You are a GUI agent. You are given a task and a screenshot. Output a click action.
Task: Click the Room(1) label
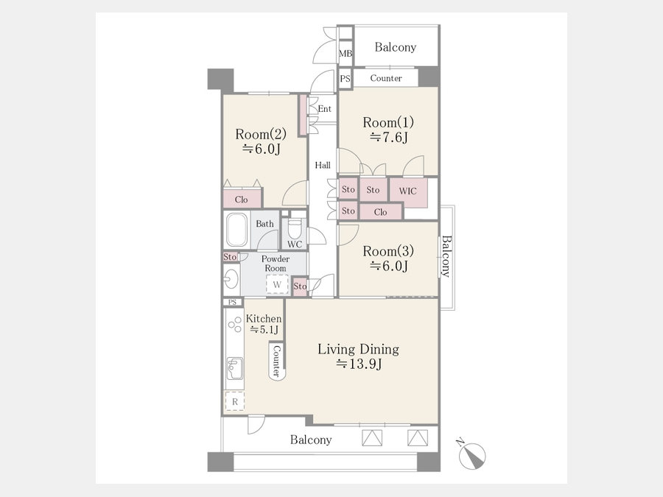point(388,122)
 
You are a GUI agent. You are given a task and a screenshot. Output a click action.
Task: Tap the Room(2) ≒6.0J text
point(261,141)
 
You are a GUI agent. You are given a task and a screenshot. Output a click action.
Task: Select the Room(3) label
point(388,251)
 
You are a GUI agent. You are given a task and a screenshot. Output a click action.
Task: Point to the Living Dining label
point(358,349)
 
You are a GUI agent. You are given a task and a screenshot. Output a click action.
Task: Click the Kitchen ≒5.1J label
point(264,324)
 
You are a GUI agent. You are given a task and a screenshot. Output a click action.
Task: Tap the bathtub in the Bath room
point(236,230)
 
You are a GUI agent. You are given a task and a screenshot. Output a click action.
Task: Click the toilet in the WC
point(294,229)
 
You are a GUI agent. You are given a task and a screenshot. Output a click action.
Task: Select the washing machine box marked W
point(277,284)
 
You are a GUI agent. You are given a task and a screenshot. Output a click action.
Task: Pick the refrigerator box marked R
point(235,401)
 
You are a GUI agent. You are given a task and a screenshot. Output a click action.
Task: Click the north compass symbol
point(472,456)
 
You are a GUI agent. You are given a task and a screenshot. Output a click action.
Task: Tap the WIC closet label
point(407,191)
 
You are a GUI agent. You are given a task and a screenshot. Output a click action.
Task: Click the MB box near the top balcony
point(345,54)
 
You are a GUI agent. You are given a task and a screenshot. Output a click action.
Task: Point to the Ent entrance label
point(324,109)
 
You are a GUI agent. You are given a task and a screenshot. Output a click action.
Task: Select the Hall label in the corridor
point(323,165)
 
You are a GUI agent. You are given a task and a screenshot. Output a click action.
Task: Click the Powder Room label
point(276,264)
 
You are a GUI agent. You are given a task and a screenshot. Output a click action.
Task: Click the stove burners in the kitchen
point(234,326)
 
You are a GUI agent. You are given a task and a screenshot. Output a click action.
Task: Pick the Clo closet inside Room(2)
point(242,200)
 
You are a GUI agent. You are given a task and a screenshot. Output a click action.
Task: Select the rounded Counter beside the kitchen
point(277,362)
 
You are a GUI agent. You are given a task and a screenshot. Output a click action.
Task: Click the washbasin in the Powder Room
point(231,279)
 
